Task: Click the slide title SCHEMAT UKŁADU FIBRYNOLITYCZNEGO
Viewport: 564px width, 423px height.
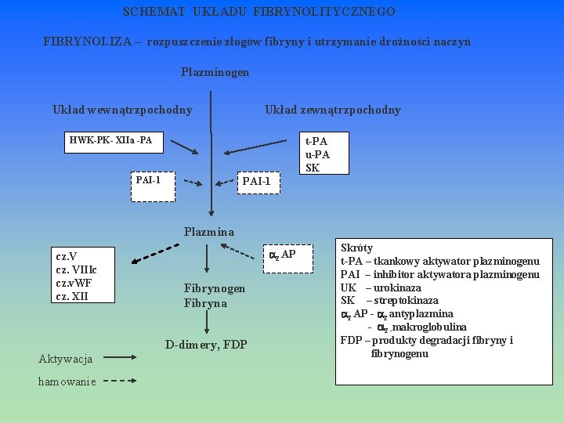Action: [259, 13]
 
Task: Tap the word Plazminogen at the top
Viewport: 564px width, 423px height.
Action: [215, 72]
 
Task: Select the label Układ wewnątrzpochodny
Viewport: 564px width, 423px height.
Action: [122, 110]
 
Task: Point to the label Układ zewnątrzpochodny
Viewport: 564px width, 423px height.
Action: [332, 110]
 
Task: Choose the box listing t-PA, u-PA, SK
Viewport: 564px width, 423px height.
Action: [316, 154]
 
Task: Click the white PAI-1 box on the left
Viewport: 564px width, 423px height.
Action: [148, 180]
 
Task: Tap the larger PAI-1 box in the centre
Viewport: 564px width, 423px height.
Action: [257, 182]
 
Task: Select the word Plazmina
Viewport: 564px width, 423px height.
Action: [208, 232]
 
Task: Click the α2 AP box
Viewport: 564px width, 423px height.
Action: [282, 255]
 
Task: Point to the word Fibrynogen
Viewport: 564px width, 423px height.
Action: [215, 288]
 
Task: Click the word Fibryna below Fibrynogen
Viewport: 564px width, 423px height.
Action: [205, 303]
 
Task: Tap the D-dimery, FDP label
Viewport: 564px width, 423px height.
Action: [206, 345]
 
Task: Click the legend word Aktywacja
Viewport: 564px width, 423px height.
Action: [66, 359]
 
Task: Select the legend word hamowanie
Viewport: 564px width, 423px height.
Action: [67, 381]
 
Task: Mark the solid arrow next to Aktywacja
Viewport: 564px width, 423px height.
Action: [120, 360]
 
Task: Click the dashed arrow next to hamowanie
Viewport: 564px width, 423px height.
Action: [120, 382]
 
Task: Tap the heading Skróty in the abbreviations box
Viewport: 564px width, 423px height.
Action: [357, 248]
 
